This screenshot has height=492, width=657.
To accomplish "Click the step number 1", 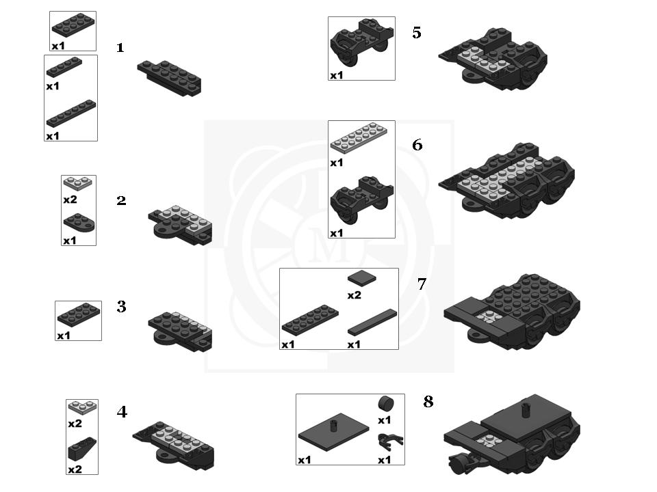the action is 120,48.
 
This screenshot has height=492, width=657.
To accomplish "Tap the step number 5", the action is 417,33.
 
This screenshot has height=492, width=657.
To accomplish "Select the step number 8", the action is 428,402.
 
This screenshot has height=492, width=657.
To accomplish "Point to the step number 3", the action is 122,307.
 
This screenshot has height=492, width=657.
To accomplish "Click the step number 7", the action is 422,284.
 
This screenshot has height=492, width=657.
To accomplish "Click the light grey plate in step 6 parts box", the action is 359,137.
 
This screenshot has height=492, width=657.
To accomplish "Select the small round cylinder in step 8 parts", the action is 386,404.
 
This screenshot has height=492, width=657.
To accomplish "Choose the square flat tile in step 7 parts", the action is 361,278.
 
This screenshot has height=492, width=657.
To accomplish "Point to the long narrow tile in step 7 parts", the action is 372,322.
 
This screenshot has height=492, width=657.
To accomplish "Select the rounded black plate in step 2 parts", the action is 79,223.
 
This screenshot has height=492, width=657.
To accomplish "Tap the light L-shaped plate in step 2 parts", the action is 78,182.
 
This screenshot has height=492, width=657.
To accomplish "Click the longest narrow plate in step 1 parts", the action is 71,113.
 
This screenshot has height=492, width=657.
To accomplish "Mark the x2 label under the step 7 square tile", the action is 354,295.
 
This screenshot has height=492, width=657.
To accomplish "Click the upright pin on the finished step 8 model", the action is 524,411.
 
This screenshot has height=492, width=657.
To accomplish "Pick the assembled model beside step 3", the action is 180,331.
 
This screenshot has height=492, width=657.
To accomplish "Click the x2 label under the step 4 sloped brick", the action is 75,469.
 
